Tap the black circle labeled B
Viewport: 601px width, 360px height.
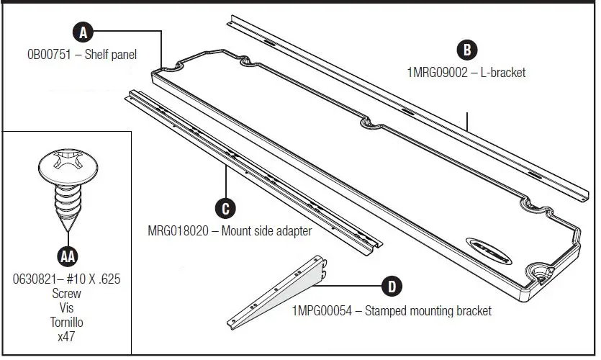[x=467, y=50]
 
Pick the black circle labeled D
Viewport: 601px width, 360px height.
[x=391, y=287]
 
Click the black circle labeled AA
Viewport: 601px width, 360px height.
[x=66, y=256]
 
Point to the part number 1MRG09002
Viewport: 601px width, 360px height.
[x=437, y=73]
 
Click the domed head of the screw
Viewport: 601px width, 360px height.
[x=66, y=166]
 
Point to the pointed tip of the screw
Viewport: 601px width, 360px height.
[x=66, y=229]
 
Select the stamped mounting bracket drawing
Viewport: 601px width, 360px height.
[x=280, y=295]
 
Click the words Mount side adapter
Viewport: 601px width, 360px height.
[x=267, y=231]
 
